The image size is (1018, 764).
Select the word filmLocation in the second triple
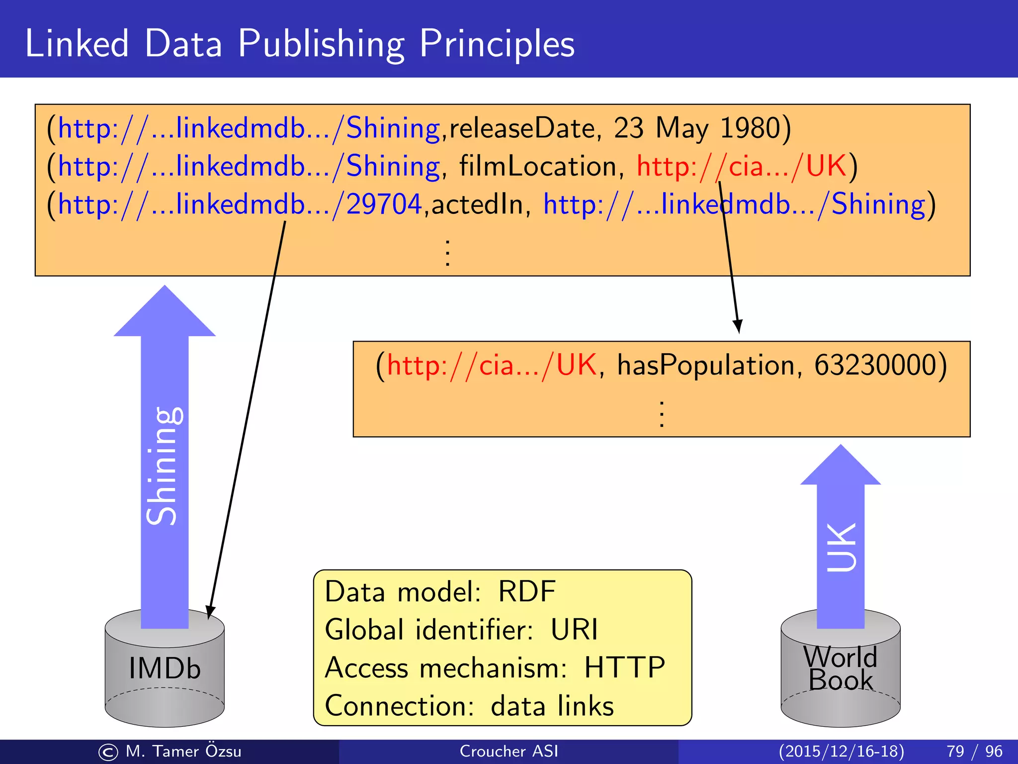coord(537,166)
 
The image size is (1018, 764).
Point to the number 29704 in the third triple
coord(384,204)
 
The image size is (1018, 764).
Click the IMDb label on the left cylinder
coord(165,668)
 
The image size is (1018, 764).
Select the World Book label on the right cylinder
coord(841,668)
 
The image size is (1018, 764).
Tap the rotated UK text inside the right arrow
coord(841,547)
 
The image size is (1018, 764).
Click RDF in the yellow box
coord(527,592)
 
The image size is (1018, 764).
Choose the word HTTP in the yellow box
coord(624,668)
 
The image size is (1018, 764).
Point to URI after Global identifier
coord(574,630)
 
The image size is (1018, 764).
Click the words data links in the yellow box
coord(552,706)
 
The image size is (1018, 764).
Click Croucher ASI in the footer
coord(509,751)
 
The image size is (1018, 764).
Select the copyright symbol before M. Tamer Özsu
coord(108,752)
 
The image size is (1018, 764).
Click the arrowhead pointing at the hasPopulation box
coord(738,327)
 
